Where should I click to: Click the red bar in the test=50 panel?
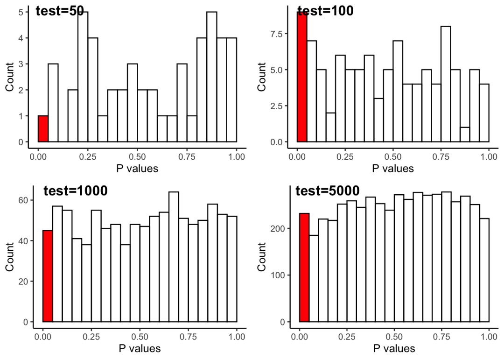coord(43,129)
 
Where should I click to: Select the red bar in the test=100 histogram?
coord(302,77)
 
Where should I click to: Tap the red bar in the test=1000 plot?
coord(48,276)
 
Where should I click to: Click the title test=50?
coord(60,11)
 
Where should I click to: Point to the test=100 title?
coord(325,10)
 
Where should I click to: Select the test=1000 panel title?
coord(76,191)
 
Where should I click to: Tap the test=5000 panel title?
coord(328,191)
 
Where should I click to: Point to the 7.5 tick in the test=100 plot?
coord(276,34)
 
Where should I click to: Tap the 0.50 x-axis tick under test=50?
coord(137,156)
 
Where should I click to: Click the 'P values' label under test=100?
coord(393,169)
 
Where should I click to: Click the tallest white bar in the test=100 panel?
coord(446,84)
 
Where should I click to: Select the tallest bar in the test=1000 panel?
coord(174,257)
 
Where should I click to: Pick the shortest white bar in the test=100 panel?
coord(465,134)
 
